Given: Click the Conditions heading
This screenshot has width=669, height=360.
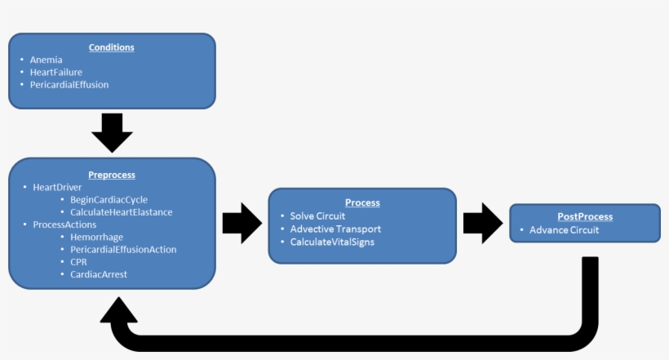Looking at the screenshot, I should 112,47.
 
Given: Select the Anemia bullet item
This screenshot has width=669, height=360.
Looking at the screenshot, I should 46,60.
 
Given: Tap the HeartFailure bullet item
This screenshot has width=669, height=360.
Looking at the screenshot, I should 55,72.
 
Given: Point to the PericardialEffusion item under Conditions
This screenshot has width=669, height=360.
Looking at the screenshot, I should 69,84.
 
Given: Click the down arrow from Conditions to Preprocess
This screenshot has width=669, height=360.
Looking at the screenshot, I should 112,132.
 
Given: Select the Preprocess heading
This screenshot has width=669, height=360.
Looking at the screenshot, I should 112,175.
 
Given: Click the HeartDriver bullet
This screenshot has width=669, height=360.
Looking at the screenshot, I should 57,187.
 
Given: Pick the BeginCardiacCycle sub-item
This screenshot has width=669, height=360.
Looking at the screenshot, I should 109,199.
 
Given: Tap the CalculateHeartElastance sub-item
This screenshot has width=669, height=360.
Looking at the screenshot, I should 122,211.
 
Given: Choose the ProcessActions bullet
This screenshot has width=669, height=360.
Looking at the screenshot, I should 64,224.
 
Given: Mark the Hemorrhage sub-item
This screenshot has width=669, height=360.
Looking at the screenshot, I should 96,237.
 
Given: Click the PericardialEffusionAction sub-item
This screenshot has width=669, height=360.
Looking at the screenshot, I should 123,249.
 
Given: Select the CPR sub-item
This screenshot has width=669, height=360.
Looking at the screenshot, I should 79,261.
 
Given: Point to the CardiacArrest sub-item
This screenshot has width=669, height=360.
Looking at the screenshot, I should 99,274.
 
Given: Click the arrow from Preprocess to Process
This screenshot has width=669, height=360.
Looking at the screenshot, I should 241,224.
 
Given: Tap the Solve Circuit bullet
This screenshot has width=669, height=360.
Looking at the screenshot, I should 317,216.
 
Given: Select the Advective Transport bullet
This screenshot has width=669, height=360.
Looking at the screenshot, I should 335,229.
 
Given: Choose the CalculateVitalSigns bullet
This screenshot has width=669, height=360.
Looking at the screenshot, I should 332,242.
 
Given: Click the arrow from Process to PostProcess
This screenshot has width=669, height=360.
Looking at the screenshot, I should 482,224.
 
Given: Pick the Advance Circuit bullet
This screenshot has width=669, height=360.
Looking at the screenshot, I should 564,230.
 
